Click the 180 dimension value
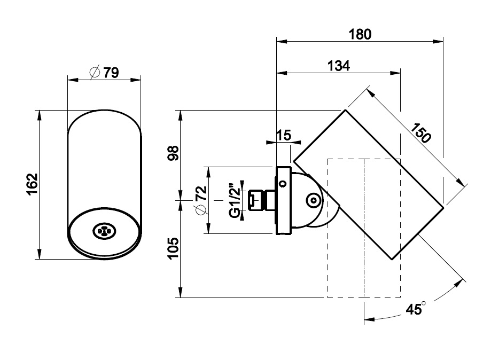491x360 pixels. [x=360, y=34]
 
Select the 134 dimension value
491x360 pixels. [x=338, y=66]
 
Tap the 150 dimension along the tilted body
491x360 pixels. [x=422, y=132]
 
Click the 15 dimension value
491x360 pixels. [x=284, y=136]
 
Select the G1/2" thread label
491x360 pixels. [x=233, y=200]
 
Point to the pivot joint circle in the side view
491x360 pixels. [x=313, y=200]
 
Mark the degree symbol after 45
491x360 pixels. [x=424, y=304]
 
